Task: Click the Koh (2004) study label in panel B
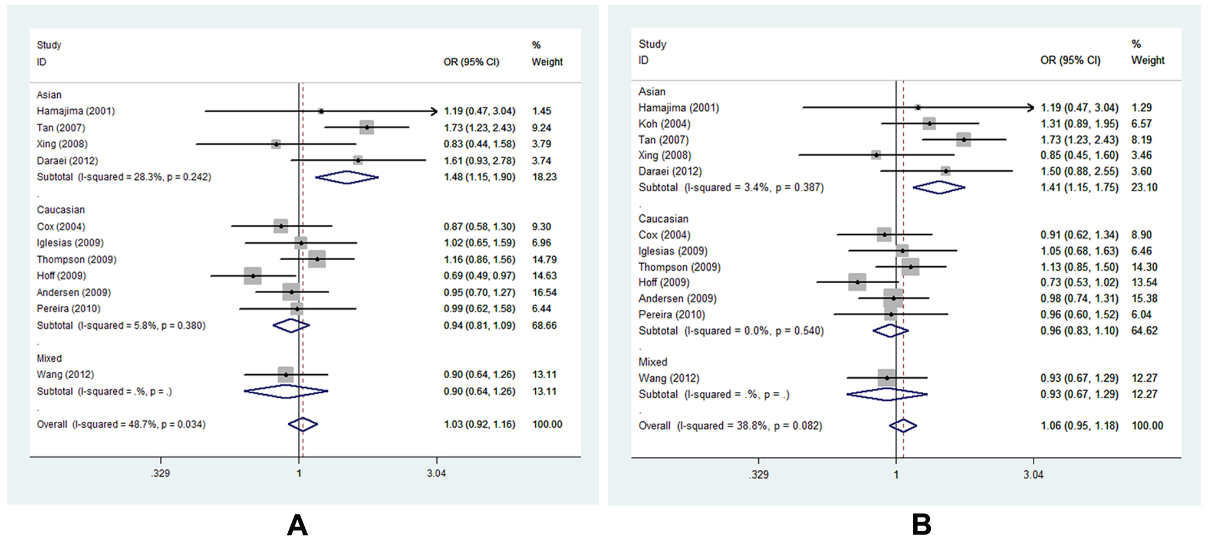pos(664,124)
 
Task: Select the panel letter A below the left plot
pos(297,525)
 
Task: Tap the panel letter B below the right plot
pos(921,525)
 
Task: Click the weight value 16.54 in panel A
pos(544,292)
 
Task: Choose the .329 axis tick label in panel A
pos(160,473)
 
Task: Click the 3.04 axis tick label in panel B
pos(1033,474)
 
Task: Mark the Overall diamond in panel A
pos(302,424)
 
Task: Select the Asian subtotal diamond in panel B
pos(939,188)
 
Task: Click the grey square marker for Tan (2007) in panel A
pos(367,127)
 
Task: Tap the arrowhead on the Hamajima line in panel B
pos(1031,107)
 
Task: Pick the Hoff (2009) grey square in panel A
pos(253,276)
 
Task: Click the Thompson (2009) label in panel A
pos(77,260)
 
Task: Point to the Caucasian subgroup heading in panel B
pos(663,219)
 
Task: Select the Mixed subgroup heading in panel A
pos(49,358)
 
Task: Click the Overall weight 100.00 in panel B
pos(1147,425)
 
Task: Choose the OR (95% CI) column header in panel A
pos(471,62)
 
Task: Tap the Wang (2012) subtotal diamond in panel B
pos(887,394)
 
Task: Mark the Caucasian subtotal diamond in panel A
pos(291,325)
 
